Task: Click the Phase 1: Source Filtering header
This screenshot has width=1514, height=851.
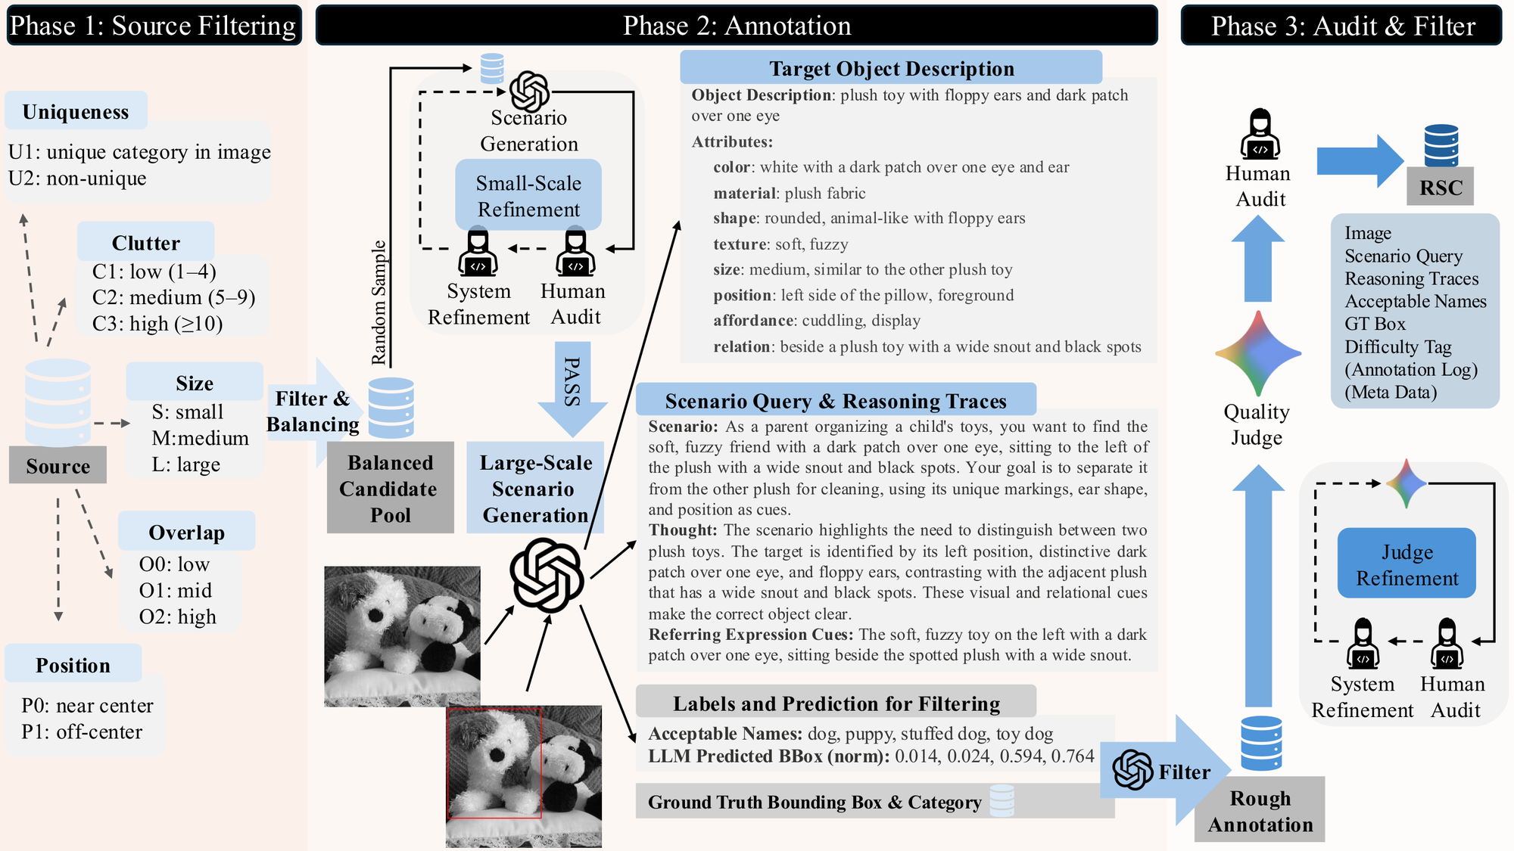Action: pyautogui.click(x=154, y=26)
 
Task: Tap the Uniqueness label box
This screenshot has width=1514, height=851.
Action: pyautogui.click(x=76, y=112)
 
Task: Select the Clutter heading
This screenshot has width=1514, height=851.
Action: pyautogui.click(x=145, y=243)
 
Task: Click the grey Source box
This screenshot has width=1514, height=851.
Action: pyautogui.click(x=58, y=466)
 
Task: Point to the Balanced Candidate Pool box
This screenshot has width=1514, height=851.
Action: pyautogui.click(x=390, y=489)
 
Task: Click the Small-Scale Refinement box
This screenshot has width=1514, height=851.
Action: pyautogui.click(x=528, y=196)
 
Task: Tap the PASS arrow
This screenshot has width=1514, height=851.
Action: pyautogui.click(x=572, y=386)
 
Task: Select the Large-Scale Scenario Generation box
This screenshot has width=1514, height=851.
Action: pyautogui.click(x=535, y=489)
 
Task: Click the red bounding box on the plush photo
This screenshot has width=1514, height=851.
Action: pyautogui.click(x=494, y=762)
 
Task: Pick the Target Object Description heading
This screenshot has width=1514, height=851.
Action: pyautogui.click(x=891, y=69)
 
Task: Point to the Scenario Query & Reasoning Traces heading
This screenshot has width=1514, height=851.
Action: pyautogui.click(x=835, y=401)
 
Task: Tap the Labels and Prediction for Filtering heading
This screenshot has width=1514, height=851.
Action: pyautogui.click(x=836, y=703)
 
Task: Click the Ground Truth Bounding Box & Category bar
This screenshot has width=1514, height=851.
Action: pyautogui.click(x=814, y=802)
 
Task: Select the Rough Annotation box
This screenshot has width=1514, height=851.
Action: pyautogui.click(x=1260, y=811)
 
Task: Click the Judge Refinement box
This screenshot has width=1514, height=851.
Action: pyautogui.click(x=1407, y=564)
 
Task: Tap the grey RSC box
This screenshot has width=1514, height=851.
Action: pyautogui.click(x=1441, y=188)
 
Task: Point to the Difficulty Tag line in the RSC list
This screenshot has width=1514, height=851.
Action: pyautogui.click(x=1397, y=347)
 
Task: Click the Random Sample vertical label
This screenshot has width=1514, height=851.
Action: pyautogui.click(x=378, y=303)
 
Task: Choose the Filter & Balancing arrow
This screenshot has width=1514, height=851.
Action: pyautogui.click(x=312, y=412)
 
